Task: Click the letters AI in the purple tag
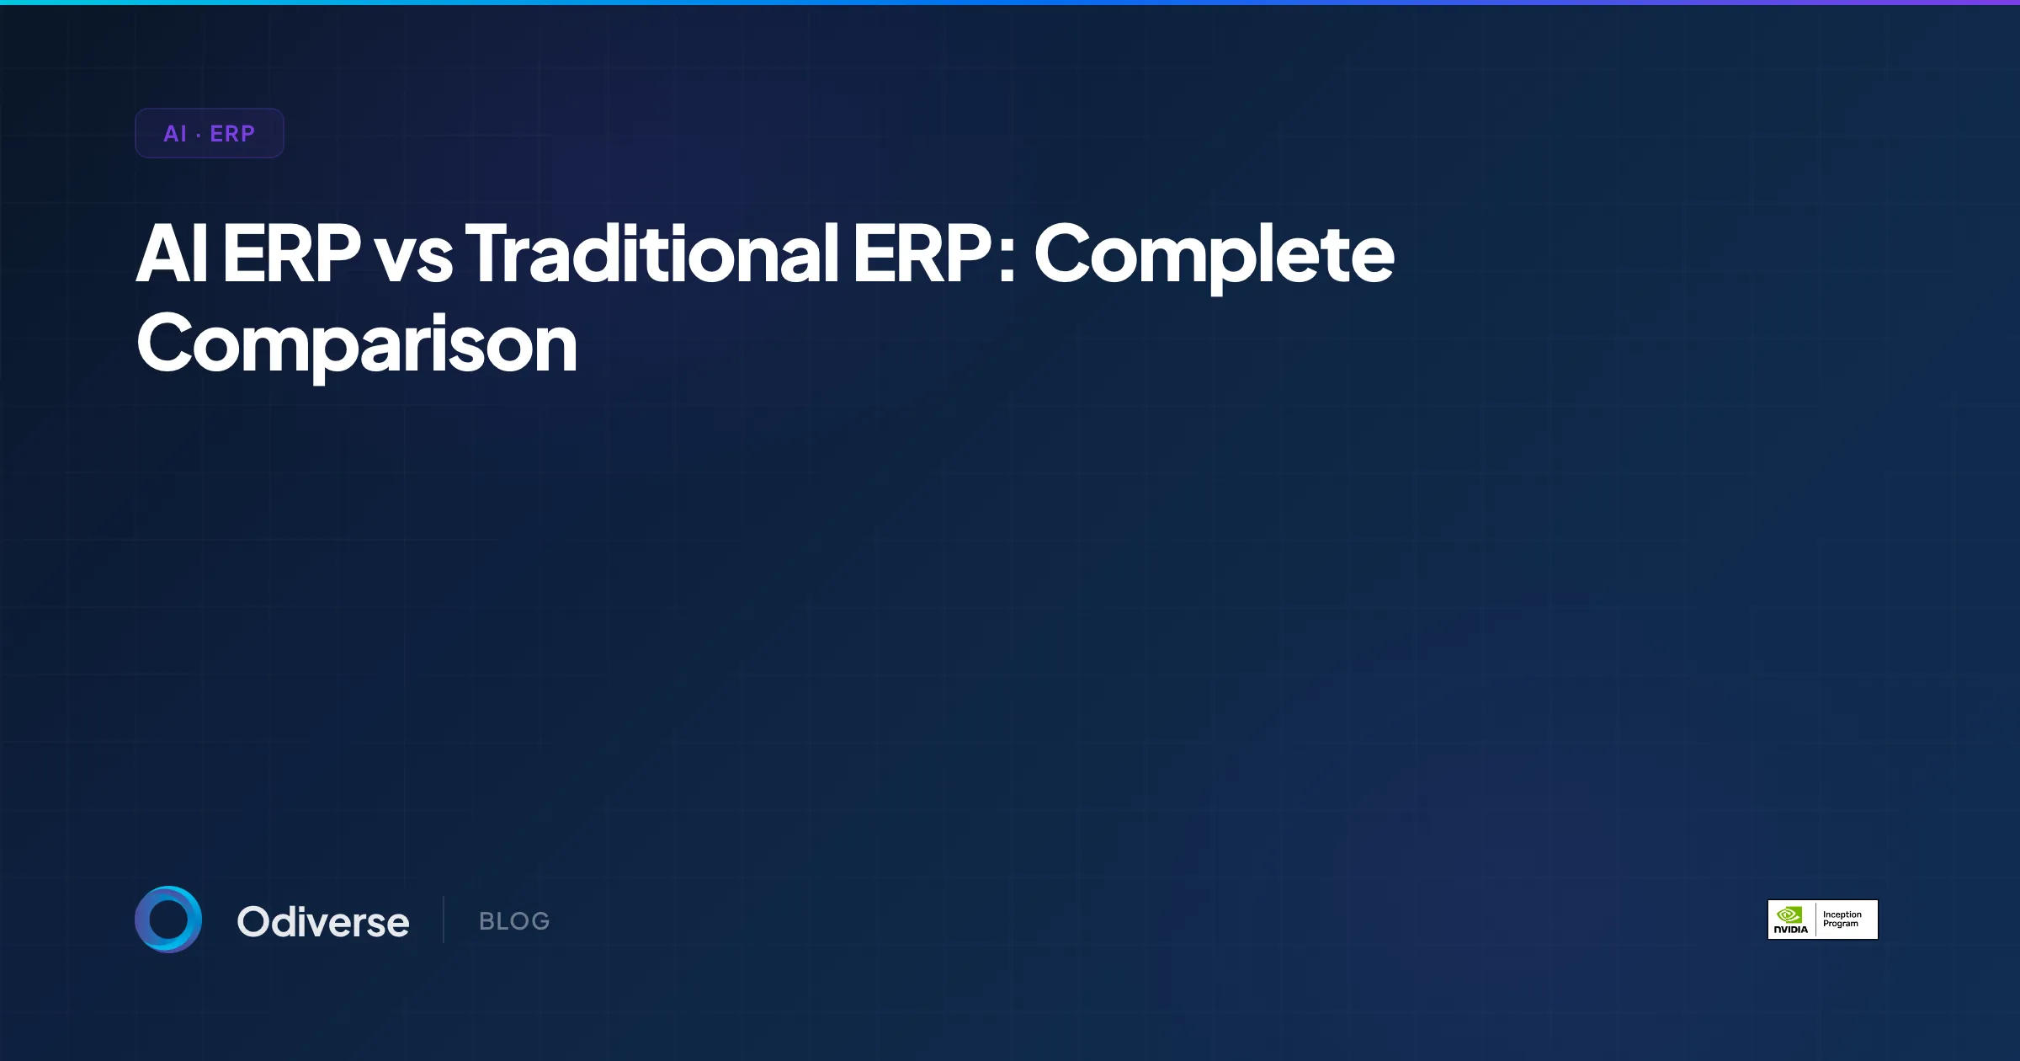[x=175, y=134]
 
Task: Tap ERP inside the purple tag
[x=232, y=134]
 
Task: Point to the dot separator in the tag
[x=199, y=135]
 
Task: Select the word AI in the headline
[x=172, y=253]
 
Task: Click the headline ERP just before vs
[x=291, y=253]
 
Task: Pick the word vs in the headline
[x=413, y=257]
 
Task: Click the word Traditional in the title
[x=652, y=253]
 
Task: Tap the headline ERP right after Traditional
[x=922, y=253]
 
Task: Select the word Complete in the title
[x=1214, y=257]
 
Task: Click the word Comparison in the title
[x=357, y=345]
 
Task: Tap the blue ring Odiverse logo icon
[x=168, y=920]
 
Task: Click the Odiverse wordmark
[x=323, y=922]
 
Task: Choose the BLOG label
[x=514, y=921]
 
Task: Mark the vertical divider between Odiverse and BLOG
[x=444, y=920]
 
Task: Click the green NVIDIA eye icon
[x=1790, y=914]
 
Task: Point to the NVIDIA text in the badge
[x=1790, y=930]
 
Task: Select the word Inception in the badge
[x=1842, y=914]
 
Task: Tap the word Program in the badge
[x=1841, y=925]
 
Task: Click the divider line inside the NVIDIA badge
[x=1815, y=920]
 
